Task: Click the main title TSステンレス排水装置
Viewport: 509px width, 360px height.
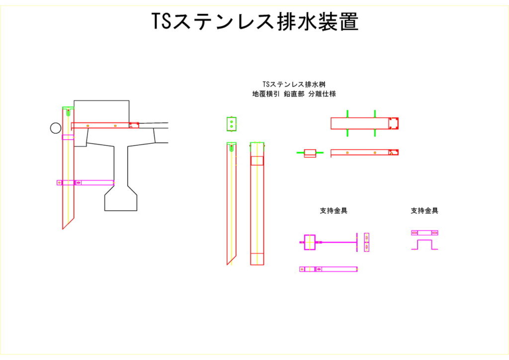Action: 254,22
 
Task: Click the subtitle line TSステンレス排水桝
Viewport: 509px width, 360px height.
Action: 294,85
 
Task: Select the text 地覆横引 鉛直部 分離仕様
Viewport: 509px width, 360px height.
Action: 294,93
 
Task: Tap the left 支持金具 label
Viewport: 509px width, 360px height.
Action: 333,211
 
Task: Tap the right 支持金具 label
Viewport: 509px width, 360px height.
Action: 424,211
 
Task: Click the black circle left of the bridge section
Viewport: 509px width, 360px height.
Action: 56,128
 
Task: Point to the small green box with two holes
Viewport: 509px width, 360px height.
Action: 231,123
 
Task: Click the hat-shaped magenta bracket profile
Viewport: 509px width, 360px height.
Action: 424,245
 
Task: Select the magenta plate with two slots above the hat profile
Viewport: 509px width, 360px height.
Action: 424,233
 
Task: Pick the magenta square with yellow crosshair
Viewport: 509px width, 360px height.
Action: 310,242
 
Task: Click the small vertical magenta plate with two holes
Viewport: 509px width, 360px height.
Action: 367,242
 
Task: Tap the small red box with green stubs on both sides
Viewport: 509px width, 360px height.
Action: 310,153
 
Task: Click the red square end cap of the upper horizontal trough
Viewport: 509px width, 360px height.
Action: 394,123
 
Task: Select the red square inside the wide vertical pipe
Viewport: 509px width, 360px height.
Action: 257,160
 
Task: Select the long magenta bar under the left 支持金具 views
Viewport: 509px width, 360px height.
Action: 329,269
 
